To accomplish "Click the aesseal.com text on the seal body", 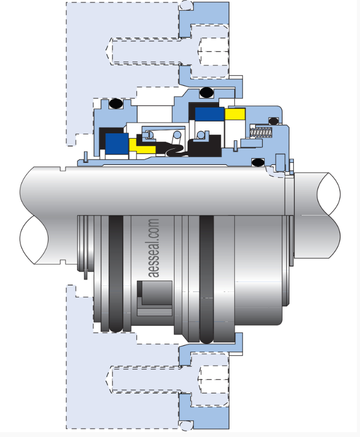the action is (x=154, y=248).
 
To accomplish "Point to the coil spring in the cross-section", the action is (x=261, y=132).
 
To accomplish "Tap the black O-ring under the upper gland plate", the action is (x=206, y=92).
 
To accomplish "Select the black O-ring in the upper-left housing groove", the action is (x=116, y=104).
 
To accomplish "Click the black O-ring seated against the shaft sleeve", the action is (x=258, y=162).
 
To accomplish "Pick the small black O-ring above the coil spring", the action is (x=273, y=121).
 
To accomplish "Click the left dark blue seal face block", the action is (x=117, y=144).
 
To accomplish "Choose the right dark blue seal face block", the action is (x=210, y=114).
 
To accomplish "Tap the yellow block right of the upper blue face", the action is (x=235, y=114).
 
